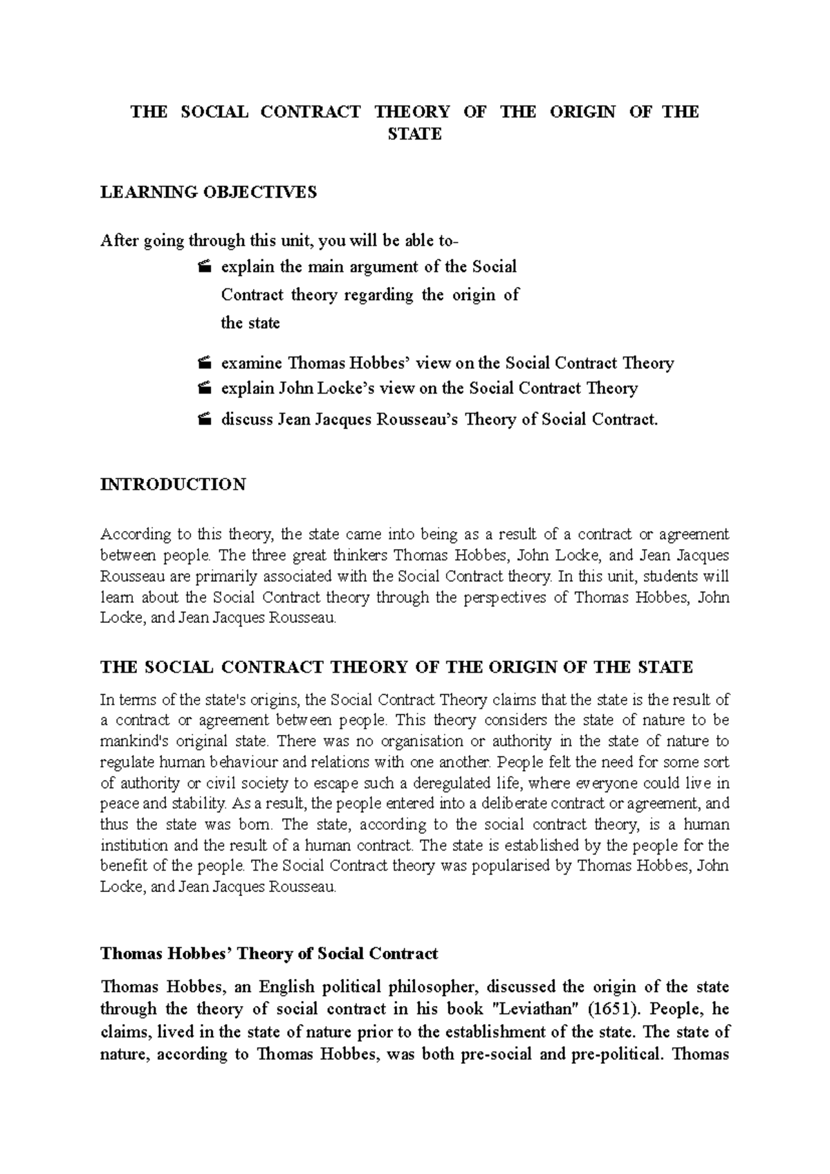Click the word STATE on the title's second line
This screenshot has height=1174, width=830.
click(414, 134)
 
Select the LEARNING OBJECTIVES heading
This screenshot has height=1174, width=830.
click(209, 192)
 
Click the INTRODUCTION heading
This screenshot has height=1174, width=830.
click(173, 484)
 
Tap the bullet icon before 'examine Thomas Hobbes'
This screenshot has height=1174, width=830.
click(203, 363)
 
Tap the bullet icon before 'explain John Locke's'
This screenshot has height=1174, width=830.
click(203, 389)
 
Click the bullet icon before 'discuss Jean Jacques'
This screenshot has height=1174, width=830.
click(203, 420)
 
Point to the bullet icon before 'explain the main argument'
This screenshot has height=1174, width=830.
click(203, 267)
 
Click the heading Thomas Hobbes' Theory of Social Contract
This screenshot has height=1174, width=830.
click(269, 954)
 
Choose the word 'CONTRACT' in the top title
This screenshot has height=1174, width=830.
click(311, 112)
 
